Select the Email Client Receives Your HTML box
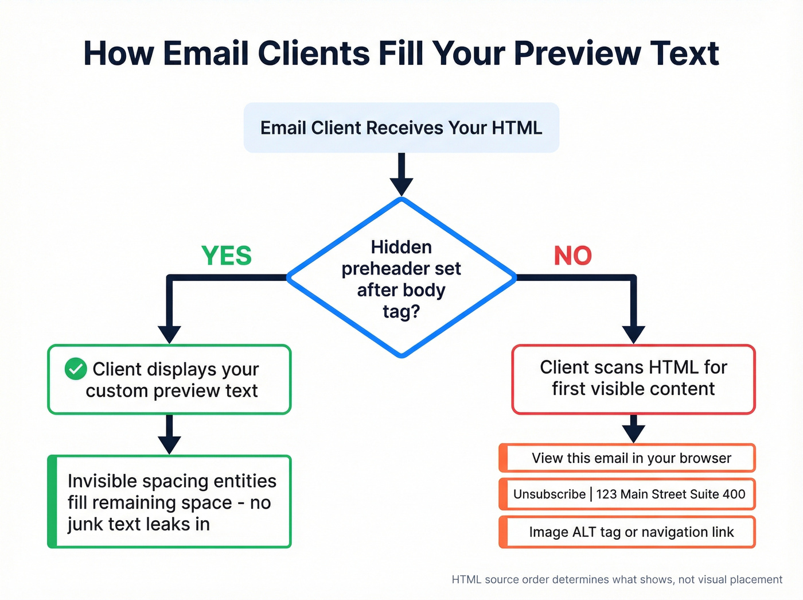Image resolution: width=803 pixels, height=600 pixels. click(x=402, y=127)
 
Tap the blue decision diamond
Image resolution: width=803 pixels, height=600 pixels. click(x=402, y=277)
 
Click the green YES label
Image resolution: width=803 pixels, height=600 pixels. click(x=227, y=256)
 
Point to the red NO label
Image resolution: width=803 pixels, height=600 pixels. click(x=572, y=256)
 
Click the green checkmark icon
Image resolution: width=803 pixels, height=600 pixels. click(x=76, y=369)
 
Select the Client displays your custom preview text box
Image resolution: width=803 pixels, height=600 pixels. click(x=170, y=380)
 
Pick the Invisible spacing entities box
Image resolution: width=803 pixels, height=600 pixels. click(x=170, y=502)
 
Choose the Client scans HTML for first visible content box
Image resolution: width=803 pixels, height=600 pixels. click(x=633, y=379)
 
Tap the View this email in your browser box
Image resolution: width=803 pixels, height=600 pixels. click(x=627, y=458)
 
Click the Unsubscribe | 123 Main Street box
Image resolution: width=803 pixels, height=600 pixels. click(x=627, y=494)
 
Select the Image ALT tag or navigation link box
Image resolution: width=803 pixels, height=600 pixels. click(x=627, y=532)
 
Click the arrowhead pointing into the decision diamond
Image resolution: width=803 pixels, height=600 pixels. click(x=402, y=187)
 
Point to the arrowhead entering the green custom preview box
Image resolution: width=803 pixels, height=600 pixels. click(x=170, y=334)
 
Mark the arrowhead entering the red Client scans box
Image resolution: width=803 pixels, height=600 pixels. click(x=633, y=334)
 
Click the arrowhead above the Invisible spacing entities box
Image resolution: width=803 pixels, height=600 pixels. click(x=170, y=445)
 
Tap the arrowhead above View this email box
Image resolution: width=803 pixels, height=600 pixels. click(x=633, y=433)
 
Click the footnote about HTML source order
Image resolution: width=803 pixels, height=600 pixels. click(x=617, y=580)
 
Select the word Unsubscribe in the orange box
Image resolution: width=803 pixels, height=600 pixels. click(x=549, y=494)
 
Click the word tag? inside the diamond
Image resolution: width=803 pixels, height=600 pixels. click(x=402, y=312)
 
